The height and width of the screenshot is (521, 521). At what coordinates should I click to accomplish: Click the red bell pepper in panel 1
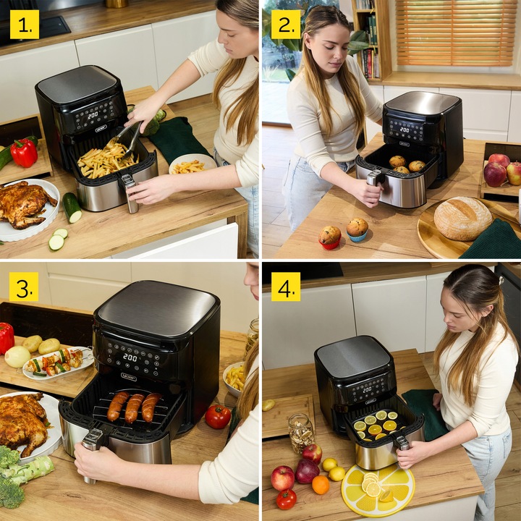pyautogui.click(x=23, y=152)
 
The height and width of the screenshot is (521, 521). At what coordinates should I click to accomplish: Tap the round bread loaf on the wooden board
pyautogui.click(x=462, y=218)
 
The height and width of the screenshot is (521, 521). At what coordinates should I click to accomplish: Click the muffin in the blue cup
pyautogui.click(x=357, y=229)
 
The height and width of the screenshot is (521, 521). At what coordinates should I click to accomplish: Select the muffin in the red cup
pyautogui.click(x=330, y=237)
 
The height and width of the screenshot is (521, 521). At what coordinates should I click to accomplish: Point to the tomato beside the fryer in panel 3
pyautogui.click(x=217, y=417)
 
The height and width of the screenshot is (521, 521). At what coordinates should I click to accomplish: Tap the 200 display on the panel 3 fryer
pyautogui.click(x=130, y=357)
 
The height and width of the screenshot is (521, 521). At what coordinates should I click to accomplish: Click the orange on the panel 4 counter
pyautogui.click(x=321, y=485)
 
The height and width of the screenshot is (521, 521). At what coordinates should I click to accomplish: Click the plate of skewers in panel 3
pyautogui.click(x=59, y=362)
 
